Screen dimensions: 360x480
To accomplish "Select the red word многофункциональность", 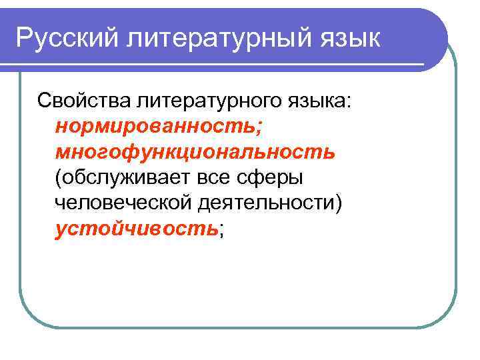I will click(195, 152).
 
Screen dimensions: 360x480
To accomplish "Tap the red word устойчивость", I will click(137, 229).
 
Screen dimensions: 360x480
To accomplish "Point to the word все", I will click(215, 178).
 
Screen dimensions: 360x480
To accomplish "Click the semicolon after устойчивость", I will click(221, 231).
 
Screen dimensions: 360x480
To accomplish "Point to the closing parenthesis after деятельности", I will click(340, 203).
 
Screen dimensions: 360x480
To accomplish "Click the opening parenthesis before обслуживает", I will click(59, 178).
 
